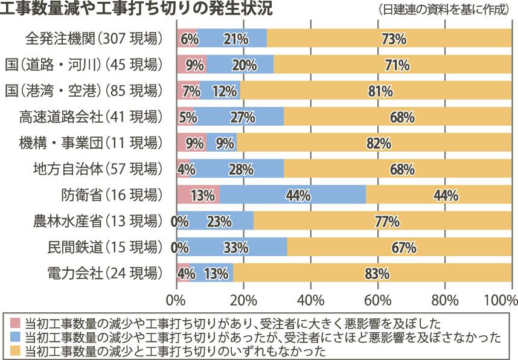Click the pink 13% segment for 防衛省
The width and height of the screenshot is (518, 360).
point(198,195)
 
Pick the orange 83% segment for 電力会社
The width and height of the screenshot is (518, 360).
point(372,273)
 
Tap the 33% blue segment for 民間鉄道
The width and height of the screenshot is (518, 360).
point(232,247)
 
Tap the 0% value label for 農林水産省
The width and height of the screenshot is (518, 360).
point(180,221)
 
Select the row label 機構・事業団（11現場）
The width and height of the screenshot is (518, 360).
point(91,143)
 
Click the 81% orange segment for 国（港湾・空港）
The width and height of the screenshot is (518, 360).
point(377,91)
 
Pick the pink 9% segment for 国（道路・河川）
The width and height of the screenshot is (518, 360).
point(191,65)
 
